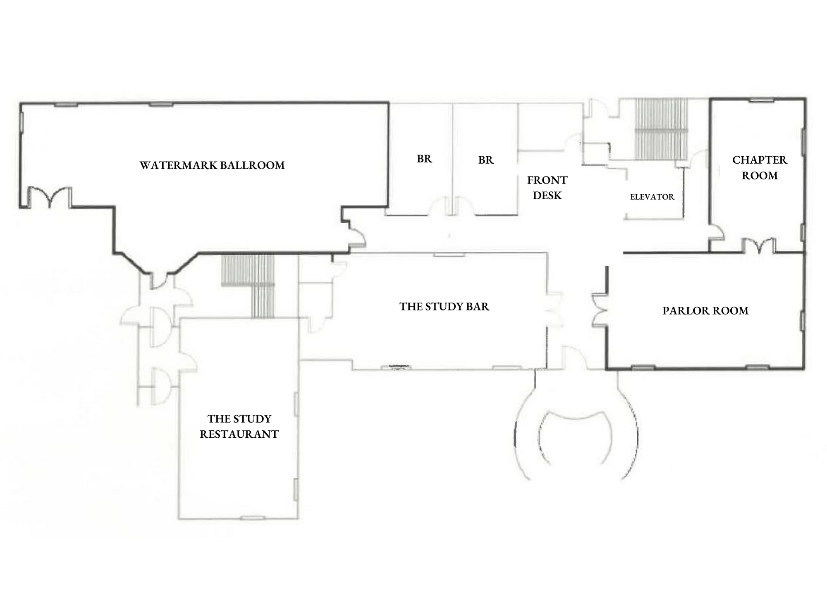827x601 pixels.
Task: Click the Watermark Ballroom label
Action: [212, 165]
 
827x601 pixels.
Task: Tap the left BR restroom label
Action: [424, 159]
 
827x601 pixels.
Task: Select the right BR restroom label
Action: [486, 160]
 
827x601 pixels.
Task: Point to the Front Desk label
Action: [547, 188]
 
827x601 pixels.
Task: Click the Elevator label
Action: [652, 197]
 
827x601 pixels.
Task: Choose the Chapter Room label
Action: [760, 167]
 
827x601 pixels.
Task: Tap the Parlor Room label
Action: [705, 310]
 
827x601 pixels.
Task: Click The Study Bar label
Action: [444, 306]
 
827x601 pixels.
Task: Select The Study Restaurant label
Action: [239, 426]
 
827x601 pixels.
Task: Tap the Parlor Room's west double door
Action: [600, 310]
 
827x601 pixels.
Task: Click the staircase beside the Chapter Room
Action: [661, 129]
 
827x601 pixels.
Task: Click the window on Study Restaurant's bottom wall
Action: [253, 518]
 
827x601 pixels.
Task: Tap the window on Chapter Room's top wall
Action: [761, 100]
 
